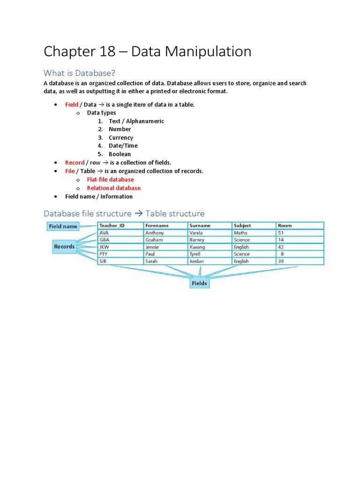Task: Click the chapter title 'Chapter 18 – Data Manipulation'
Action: pyautogui.click(x=147, y=52)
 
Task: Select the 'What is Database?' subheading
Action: pyautogui.click(x=79, y=73)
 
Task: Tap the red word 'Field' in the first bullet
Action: pyautogui.click(x=71, y=105)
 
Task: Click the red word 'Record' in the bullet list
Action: pyautogui.click(x=75, y=163)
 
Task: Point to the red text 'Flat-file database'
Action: pyautogui.click(x=110, y=180)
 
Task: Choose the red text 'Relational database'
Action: pyautogui.click(x=113, y=188)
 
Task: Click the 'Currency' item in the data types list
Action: pyautogui.click(x=121, y=138)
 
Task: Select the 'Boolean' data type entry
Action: pyautogui.click(x=120, y=154)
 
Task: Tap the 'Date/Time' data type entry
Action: pyautogui.click(x=123, y=146)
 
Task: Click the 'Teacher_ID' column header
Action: pyautogui.click(x=112, y=225)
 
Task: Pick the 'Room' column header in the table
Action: pyautogui.click(x=285, y=225)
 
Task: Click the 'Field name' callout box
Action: pyautogui.click(x=63, y=226)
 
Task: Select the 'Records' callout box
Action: pyautogui.click(x=64, y=247)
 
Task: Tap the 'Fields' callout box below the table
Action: pyautogui.click(x=199, y=283)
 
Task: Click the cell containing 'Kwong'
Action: pyautogui.click(x=197, y=247)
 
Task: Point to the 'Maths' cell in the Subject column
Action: pyautogui.click(x=240, y=233)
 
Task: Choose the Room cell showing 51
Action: pyautogui.click(x=281, y=233)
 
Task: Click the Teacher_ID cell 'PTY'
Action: pyautogui.click(x=104, y=254)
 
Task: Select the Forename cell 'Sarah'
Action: pyautogui.click(x=152, y=261)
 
